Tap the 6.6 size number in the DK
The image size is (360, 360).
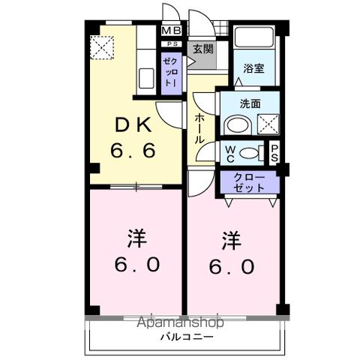tap(134, 149)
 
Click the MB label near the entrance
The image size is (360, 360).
tap(171, 31)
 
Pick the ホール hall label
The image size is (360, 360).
tap(200, 130)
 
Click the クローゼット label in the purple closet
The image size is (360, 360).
tap(249, 182)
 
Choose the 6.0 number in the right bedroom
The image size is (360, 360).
tap(232, 265)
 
